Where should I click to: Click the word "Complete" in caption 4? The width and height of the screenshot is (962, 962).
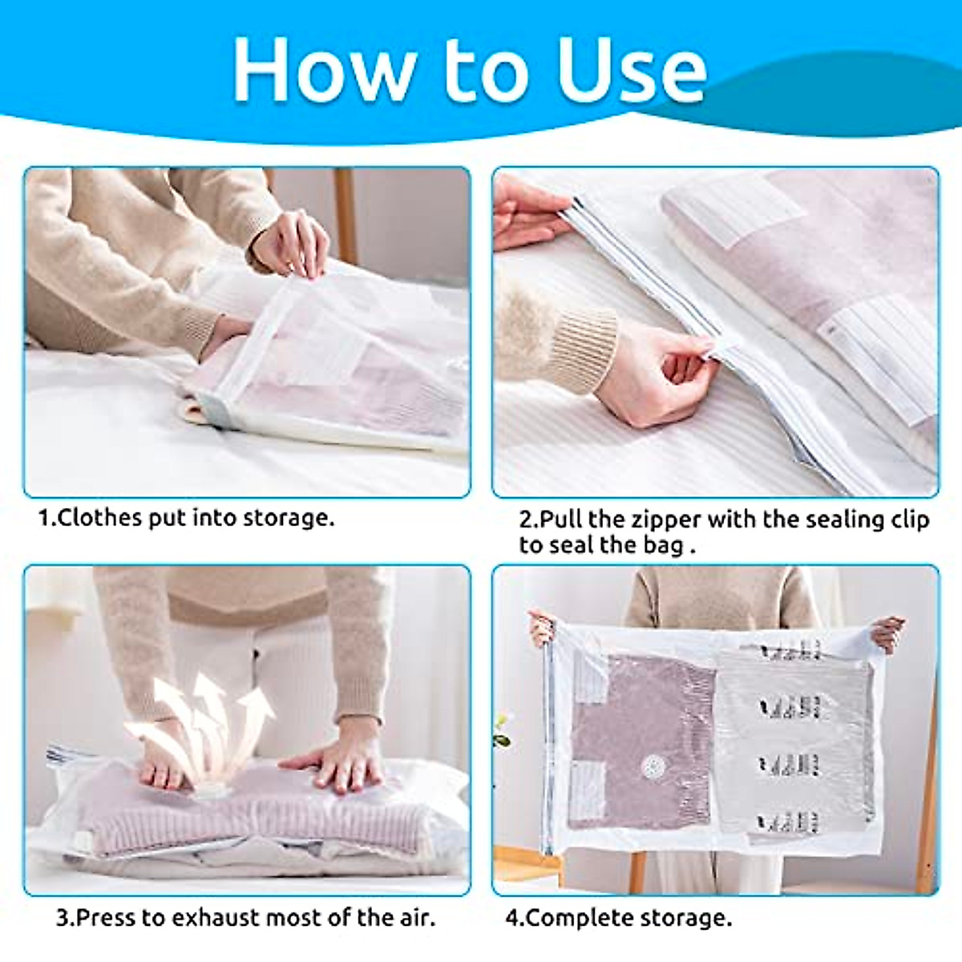pyautogui.click(x=575, y=917)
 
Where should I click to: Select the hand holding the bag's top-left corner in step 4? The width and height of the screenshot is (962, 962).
pyautogui.click(x=543, y=627)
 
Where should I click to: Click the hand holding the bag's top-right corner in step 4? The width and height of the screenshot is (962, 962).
pyautogui.click(x=888, y=633)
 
